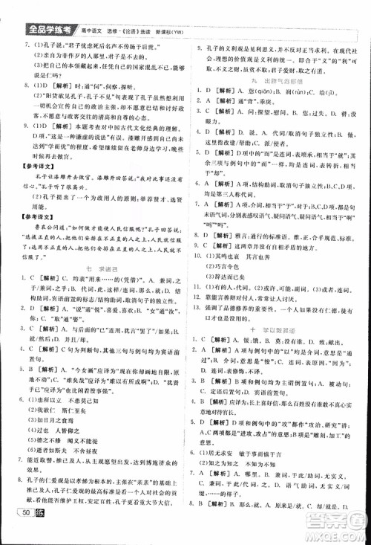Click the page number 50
(x=27, y=529)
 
